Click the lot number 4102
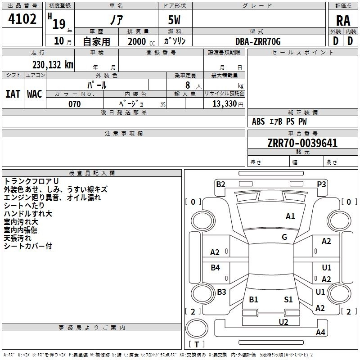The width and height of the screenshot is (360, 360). point(22,19)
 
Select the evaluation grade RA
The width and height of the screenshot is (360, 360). point(343,21)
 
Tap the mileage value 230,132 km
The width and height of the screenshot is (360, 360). point(53,65)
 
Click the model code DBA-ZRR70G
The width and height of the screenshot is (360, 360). point(258,41)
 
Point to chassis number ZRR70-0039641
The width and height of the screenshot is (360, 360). point(302,143)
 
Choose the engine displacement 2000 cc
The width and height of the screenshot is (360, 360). point(141,41)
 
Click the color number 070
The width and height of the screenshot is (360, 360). point(75,104)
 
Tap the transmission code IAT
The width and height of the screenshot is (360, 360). point(13,94)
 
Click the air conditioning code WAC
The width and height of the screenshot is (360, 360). point(35,94)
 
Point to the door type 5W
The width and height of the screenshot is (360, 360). point(174,20)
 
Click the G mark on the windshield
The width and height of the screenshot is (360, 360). point(284,237)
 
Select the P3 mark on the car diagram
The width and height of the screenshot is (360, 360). point(321,184)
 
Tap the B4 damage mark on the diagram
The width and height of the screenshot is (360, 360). point(215,267)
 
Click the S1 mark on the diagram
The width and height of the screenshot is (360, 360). point(288,299)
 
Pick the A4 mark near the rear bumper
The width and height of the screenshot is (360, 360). point(320,332)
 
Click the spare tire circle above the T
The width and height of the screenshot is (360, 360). point(197,328)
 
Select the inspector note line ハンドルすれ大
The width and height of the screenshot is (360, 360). point(28,213)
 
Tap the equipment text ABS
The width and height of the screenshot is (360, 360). point(258,121)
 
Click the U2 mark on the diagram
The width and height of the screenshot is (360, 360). point(283,322)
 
